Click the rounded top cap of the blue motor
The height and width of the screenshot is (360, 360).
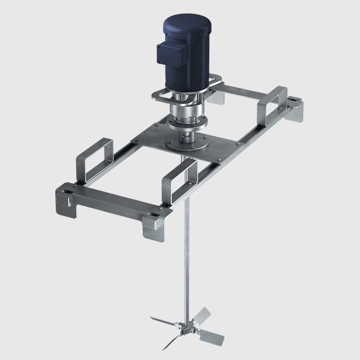tap(185, 23)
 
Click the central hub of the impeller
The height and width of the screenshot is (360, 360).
tap(185, 327)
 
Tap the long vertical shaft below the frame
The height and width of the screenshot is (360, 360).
tap(186, 252)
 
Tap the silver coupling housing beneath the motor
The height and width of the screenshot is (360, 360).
tap(185, 115)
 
